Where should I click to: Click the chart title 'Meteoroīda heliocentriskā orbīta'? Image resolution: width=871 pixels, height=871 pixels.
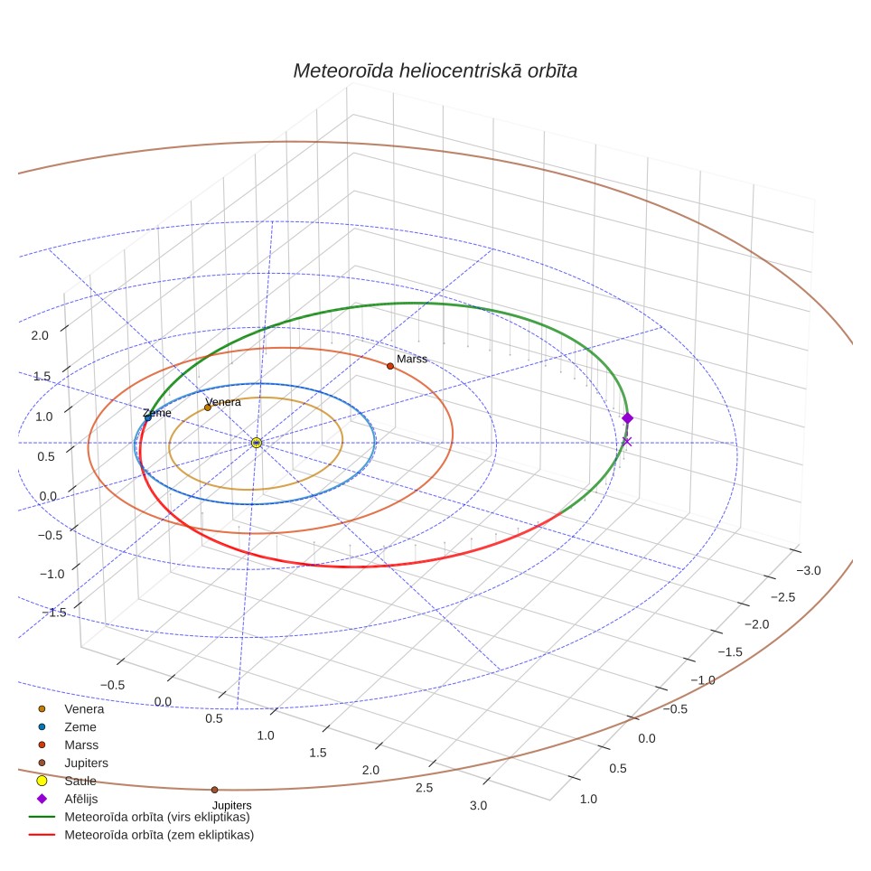click(x=435, y=70)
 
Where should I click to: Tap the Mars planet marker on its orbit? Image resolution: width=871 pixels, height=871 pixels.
click(x=390, y=366)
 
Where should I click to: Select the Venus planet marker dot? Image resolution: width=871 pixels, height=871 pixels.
click(x=208, y=407)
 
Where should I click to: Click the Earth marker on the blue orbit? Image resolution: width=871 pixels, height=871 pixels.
click(x=148, y=417)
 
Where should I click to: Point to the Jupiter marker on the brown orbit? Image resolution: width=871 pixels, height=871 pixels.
click(x=214, y=790)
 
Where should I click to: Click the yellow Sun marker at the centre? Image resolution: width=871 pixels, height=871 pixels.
click(x=256, y=443)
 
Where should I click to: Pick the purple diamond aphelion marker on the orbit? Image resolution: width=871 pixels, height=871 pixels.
click(x=627, y=418)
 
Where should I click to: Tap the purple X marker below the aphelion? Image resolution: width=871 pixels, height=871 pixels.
click(x=627, y=442)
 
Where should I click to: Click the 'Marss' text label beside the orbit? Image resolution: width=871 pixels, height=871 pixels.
click(x=412, y=359)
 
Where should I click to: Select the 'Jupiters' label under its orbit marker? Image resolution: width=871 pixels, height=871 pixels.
click(x=231, y=805)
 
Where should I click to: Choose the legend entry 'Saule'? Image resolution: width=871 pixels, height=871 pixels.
click(x=80, y=781)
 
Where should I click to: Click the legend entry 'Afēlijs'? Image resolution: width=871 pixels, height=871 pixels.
click(x=81, y=799)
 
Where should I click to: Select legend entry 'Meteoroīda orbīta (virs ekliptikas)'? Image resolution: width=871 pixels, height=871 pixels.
click(x=157, y=817)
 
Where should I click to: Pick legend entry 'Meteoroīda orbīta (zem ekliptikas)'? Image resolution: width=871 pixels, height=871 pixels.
click(x=159, y=835)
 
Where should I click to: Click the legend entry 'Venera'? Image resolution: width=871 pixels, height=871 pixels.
click(x=84, y=708)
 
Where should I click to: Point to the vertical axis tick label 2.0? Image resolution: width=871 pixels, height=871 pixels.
click(x=40, y=335)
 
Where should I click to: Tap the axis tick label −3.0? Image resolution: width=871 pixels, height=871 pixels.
click(x=809, y=570)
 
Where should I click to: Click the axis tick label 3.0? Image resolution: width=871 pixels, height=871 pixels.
click(x=478, y=805)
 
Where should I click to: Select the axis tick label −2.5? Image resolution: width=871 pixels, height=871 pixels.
click(x=782, y=597)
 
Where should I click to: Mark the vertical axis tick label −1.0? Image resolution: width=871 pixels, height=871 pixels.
click(x=52, y=574)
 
